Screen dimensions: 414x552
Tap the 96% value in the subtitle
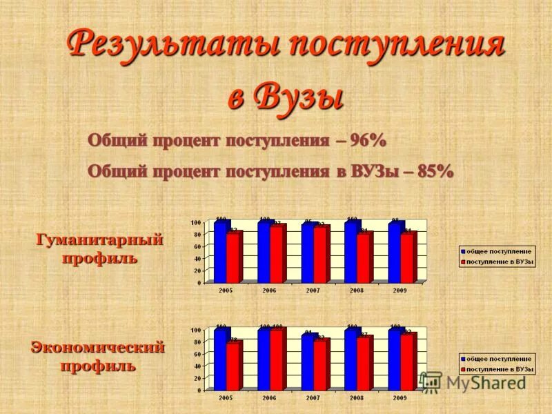pos(368,140)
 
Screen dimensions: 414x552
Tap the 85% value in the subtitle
pos(435,171)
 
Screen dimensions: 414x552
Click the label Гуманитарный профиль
pos(99,249)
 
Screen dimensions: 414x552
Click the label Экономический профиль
pos(97,356)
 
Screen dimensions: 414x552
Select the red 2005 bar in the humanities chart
pos(233,257)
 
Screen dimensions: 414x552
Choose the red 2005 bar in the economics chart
pos(233,366)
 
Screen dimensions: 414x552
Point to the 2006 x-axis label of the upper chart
pos(269,290)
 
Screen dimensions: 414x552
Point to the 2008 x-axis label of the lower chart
pos(356,398)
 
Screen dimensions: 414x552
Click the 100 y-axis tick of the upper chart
pos(195,222)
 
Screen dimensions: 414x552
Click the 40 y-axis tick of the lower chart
pos(196,366)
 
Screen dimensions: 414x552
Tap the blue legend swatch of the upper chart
pos(463,252)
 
